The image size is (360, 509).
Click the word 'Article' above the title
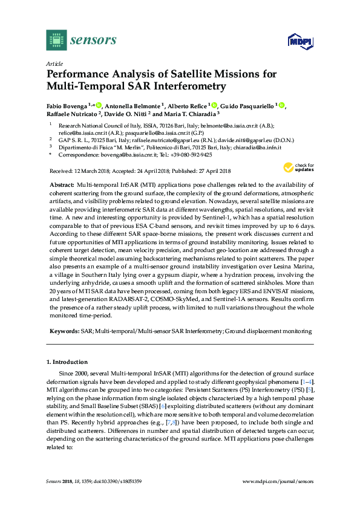click(55, 63)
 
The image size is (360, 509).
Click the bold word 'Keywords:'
click(64, 331)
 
